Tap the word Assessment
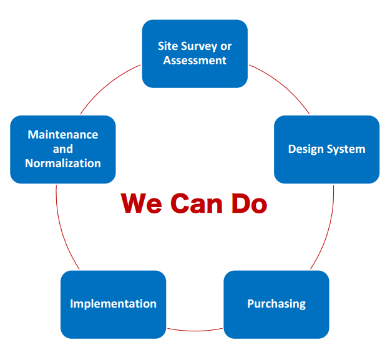[x=195, y=61]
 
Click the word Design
[x=306, y=149]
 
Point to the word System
[x=346, y=149]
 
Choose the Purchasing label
[x=276, y=304]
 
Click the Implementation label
[x=113, y=304]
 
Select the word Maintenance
[x=63, y=135]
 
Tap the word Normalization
[x=63, y=163]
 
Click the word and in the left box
[x=63, y=149]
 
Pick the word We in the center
[x=141, y=203]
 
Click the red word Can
[x=196, y=203]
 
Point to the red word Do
[x=249, y=203]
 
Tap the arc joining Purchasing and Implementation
[x=195, y=331]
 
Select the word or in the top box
[x=226, y=47]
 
